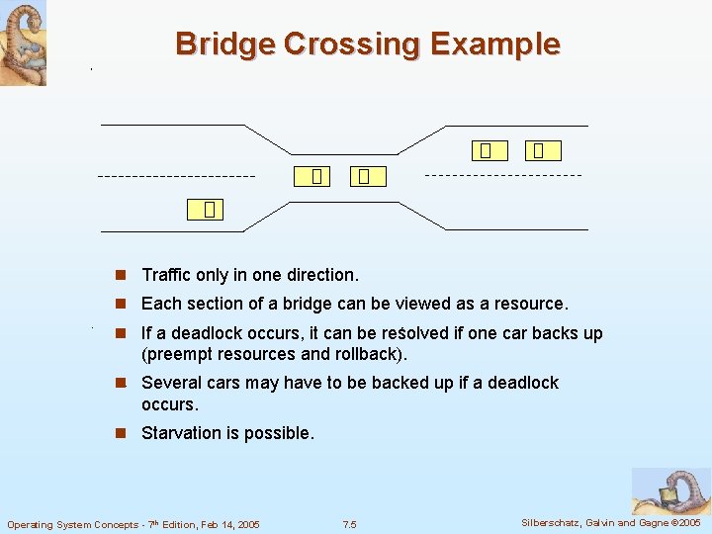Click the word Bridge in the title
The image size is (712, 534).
tap(224, 44)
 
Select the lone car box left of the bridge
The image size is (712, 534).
tap(209, 210)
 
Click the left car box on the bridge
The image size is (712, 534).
tap(315, 177)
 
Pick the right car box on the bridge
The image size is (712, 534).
tap(364, 177)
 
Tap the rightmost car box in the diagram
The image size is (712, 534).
tap(538, 151)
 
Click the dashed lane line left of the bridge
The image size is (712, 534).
tap(176, 176)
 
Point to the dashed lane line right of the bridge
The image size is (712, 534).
tap(503, 175)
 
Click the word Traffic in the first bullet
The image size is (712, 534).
tap(168, 275)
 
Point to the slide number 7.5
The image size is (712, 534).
tap(349, 524)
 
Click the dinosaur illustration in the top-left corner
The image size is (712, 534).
tap(23, 42)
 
